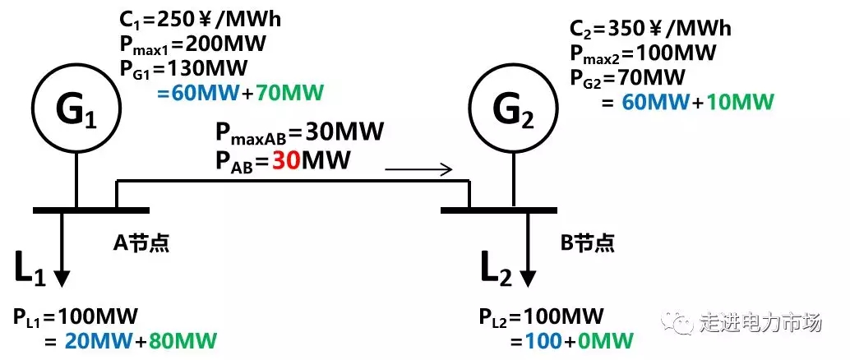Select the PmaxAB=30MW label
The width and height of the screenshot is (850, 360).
point(300,132)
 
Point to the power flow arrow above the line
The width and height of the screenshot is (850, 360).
point(418,170)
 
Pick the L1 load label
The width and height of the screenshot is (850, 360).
point(30,270)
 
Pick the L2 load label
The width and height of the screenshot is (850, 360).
point(496,270)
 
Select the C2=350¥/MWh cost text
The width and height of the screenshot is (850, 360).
point(650,30)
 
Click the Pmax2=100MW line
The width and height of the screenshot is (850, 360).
point(643,54)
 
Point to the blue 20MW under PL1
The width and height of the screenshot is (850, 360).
point(81,340)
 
